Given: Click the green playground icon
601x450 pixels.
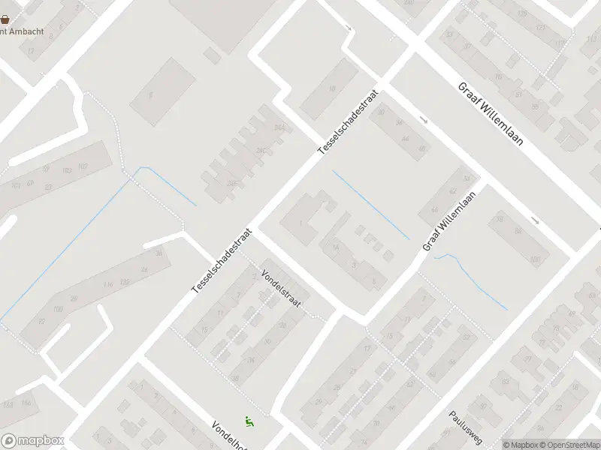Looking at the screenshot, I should (249, 422).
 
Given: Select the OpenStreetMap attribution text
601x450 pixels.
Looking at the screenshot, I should (569, 445).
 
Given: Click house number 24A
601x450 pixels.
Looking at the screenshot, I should (279, 128).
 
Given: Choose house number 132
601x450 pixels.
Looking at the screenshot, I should (125, 281).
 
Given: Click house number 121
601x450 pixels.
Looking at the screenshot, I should (540, 28).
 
